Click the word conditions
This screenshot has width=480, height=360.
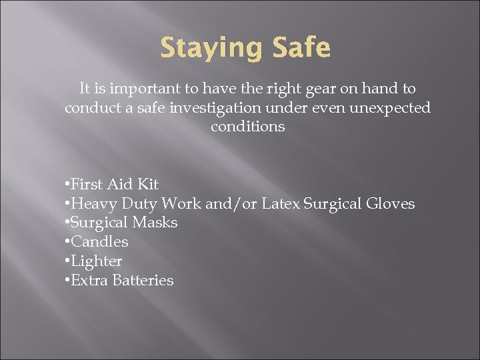coord(247,127)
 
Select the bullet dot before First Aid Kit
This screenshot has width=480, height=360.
coord(67,185)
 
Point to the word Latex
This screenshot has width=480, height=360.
coord(280,203)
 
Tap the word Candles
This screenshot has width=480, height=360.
coord(99,242)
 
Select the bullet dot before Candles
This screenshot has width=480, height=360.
coord(67,243)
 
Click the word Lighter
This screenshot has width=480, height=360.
coord(96,261)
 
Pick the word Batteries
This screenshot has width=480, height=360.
coord(143,281)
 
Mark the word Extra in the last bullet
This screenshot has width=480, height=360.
coord(89,281)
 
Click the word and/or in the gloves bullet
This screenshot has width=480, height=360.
coord(231,203)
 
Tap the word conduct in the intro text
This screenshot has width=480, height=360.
coord(90,107)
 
